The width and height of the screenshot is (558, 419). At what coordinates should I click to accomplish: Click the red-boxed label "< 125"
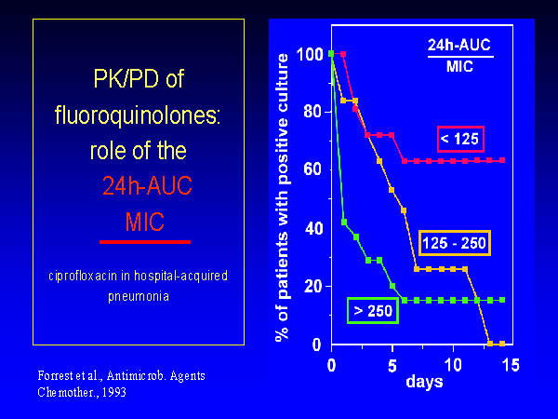(459, 140)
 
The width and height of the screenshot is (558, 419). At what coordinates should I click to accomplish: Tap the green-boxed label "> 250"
(372, 311)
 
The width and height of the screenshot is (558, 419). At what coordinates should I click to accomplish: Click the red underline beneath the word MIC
(144, 241)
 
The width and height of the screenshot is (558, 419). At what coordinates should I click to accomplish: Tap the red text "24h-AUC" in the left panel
(144, 187)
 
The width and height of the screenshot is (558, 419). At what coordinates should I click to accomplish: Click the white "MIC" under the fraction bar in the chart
(460, 67)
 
